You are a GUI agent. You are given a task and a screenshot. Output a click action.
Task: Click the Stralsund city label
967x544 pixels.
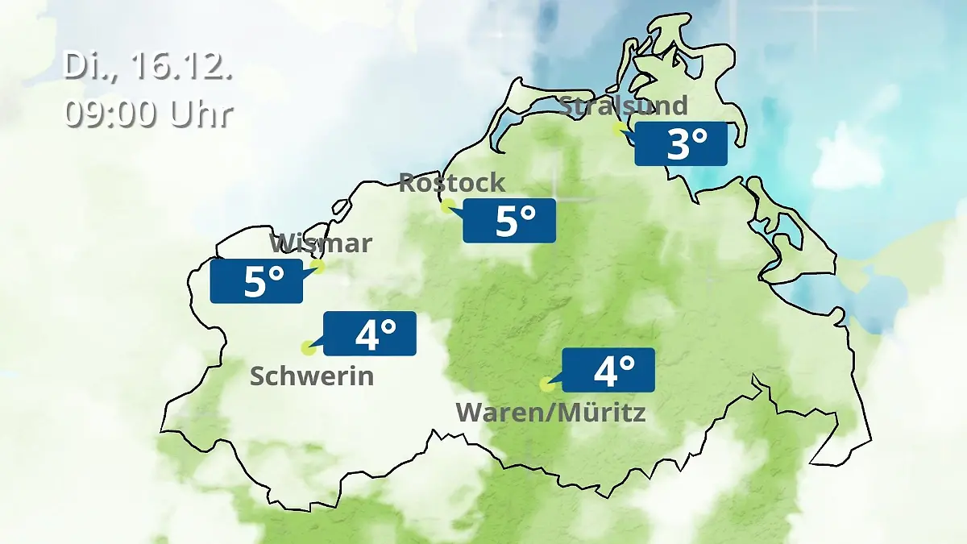(623, 106)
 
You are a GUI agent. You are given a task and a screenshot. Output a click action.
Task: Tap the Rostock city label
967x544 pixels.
(452, 182)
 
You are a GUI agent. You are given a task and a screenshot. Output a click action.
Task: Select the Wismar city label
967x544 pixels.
(321, 243)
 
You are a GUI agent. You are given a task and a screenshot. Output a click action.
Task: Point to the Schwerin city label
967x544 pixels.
(312, 376)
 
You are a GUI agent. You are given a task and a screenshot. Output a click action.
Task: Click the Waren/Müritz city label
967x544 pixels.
(551, 413)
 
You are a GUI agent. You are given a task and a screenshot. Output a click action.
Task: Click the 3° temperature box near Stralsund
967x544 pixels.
(681, 144)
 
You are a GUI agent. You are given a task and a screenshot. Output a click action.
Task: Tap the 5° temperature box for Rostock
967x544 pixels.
(509, 220)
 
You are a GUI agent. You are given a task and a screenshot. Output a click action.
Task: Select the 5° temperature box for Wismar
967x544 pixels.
(256, 281)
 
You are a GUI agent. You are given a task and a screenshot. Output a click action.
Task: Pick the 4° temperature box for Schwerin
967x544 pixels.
(370, 333)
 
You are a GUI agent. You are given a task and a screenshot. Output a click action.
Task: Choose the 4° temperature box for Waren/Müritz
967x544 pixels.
(608, 370)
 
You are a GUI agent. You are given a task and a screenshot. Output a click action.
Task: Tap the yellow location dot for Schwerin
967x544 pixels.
(307, 348)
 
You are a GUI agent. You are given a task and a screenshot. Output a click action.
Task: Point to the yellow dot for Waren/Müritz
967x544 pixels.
(546, 384)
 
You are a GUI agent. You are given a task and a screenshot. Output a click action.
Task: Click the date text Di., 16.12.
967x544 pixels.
(147, 67)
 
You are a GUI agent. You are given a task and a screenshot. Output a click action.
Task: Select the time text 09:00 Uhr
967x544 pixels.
(148, 114)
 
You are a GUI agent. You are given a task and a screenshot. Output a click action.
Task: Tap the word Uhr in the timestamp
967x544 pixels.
(201, 114)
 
